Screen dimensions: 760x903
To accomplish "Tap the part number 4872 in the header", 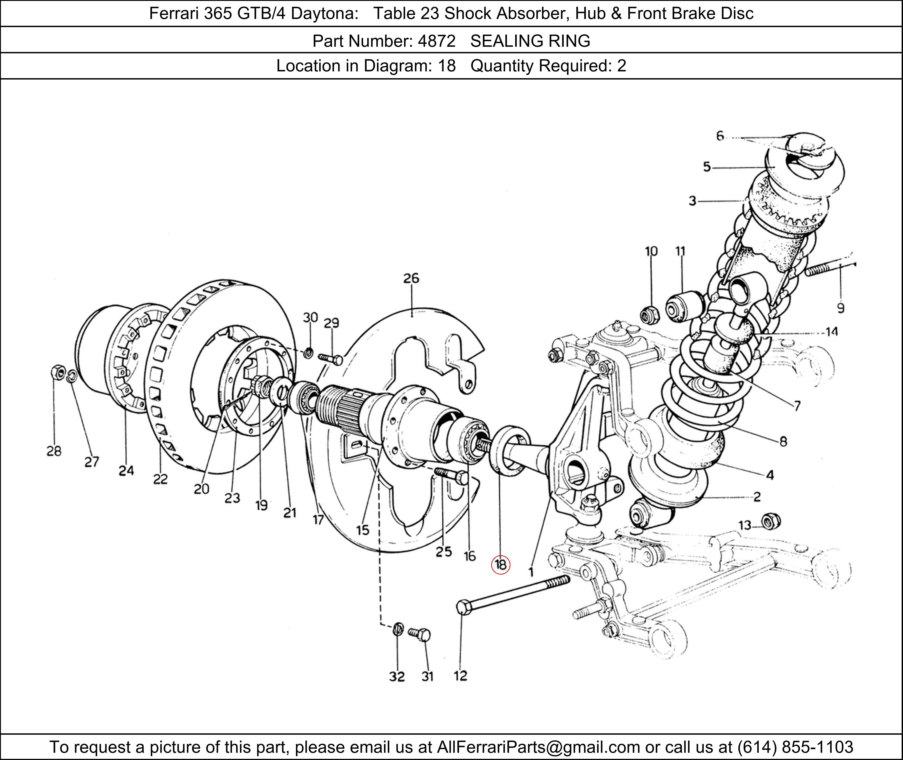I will pyautogui.click(x=436, y=41).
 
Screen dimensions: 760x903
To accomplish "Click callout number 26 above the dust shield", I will pyautogui.click(x=411, y=278).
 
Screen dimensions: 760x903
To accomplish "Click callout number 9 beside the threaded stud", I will pyautogui.click(x=840, y=308).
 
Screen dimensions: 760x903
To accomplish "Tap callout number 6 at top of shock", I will pyautogui.click(x=720, y=136).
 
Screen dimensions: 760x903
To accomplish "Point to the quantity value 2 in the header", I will pyautogui.click(x=621, y=66).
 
